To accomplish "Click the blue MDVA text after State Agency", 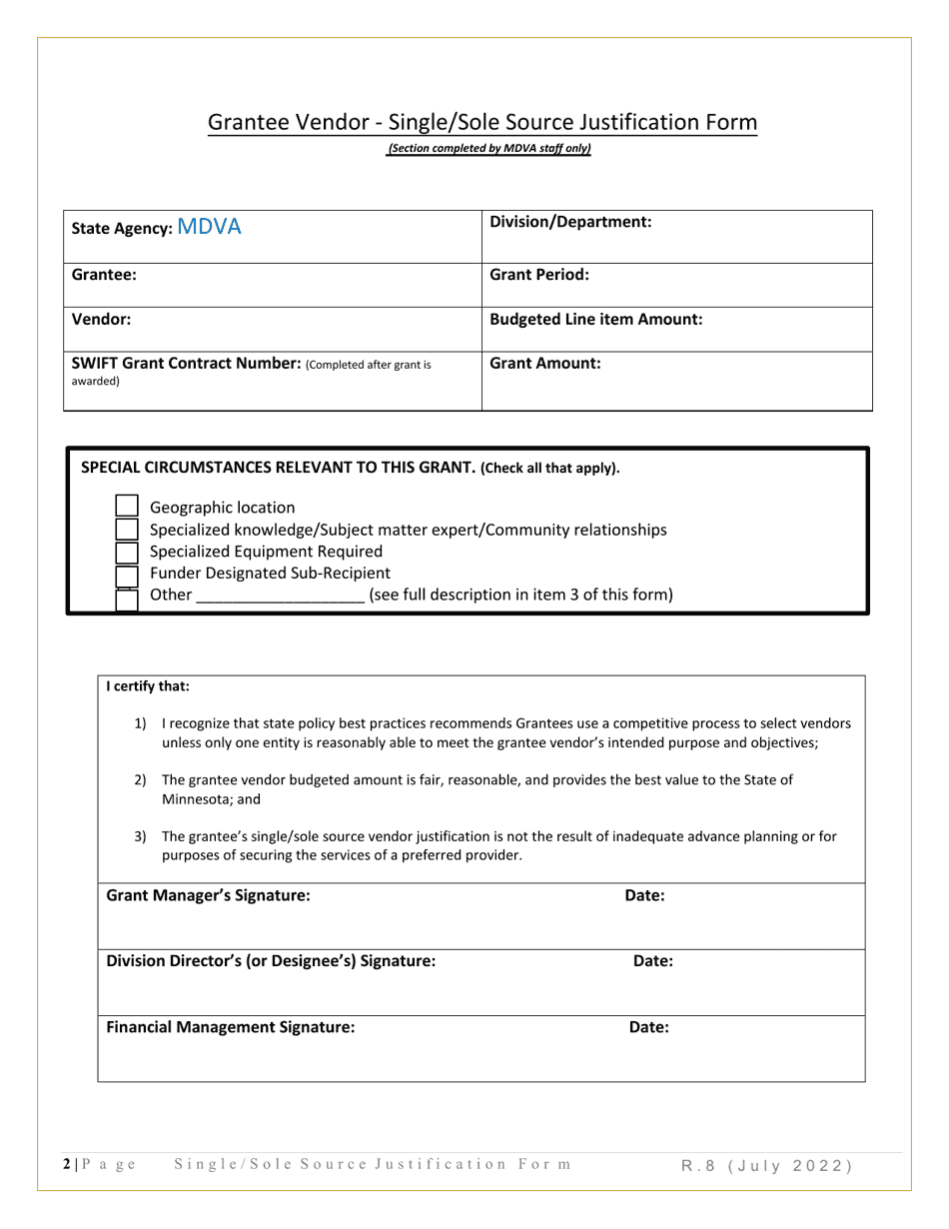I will (209, 227).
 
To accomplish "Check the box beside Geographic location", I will (127, 508).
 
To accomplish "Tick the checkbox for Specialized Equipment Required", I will (127, 552).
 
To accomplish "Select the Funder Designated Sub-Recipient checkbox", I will (127, 575).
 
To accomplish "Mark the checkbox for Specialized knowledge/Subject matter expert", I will (127, 530).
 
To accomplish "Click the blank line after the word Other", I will (280, 596).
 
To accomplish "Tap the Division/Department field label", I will (570, 222).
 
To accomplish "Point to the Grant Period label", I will (539, 274).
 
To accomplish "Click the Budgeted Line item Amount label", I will (596, 320).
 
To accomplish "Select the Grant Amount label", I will (545, 365).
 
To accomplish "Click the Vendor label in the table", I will (102, 320).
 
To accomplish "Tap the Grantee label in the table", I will (104, 274).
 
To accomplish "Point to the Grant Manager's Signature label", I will (208, 895).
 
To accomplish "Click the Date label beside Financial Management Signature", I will (648, 1026).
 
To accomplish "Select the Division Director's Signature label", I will (271, 961).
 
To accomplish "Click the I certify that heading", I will (148, 686).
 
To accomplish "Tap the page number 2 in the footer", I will (67, 1164).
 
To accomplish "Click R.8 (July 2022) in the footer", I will (767, 1165).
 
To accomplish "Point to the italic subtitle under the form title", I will (489, 149).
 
